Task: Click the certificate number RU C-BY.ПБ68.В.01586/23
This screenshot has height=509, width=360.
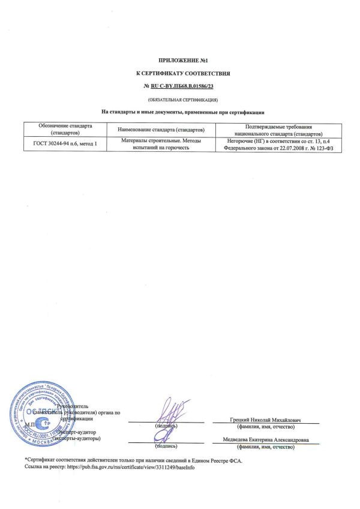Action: [x=185, y=86]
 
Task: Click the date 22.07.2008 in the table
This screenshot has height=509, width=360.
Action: [x=282, y=148]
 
